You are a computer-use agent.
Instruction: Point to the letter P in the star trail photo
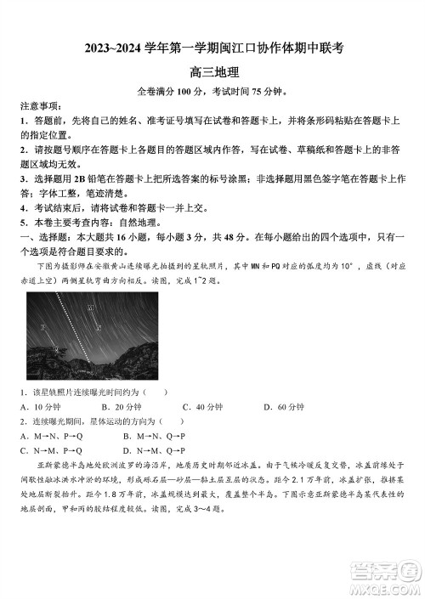pyautogui.click(x=42, y=326)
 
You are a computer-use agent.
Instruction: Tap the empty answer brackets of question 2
pyautogui.click(x=172, y=421)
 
